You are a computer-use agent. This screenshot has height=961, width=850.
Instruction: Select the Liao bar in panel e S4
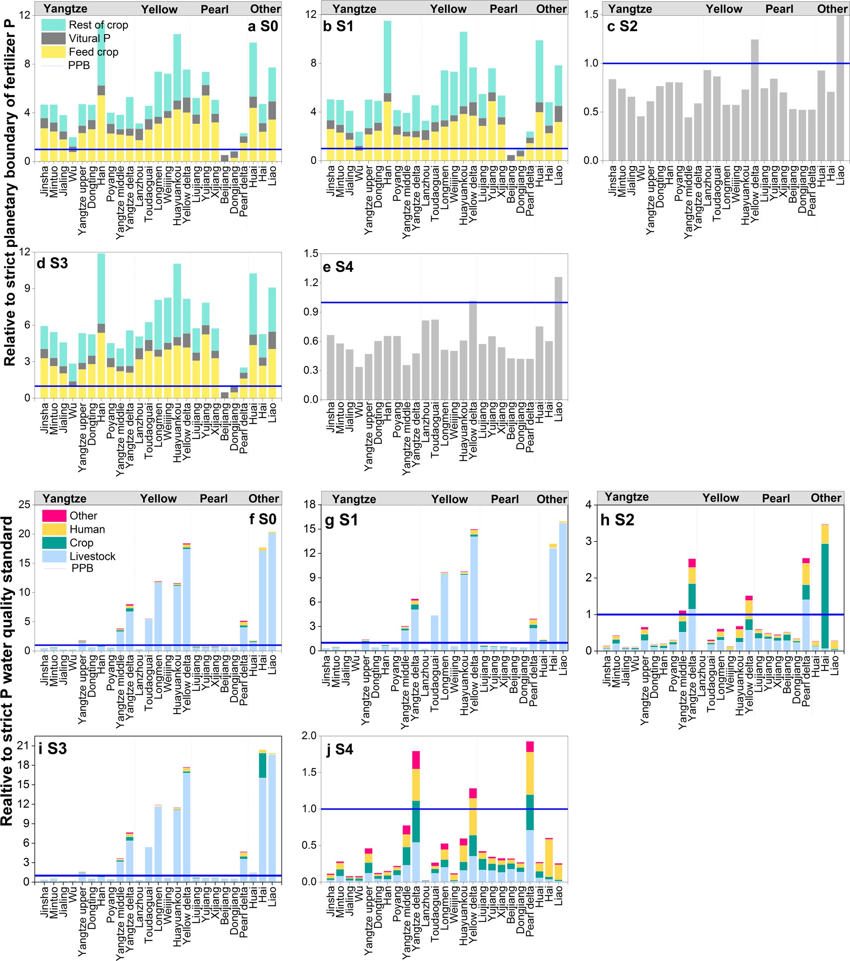coord(558,339)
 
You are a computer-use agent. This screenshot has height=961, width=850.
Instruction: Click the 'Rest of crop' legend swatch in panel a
coord(53,25)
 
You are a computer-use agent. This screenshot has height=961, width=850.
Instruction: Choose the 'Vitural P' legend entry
coord(89,39)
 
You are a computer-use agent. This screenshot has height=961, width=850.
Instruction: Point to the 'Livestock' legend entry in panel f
coord(92,556)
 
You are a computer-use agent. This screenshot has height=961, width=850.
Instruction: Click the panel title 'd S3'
coord(52,263)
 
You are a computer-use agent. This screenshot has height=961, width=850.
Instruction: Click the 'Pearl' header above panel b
coord(503,9)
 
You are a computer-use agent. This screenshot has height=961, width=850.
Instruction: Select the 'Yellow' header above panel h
coord(720,498)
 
